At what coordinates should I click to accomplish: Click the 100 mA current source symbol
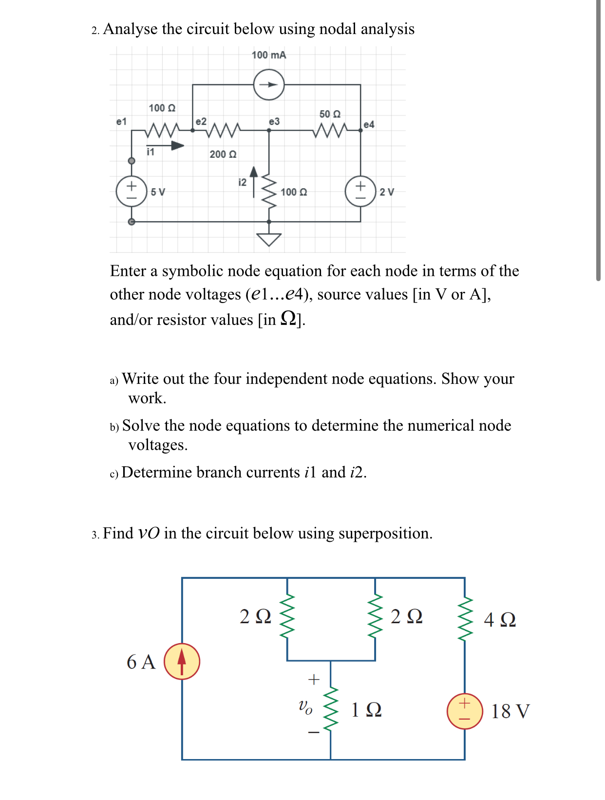pyautogui.click(x=269, y=85)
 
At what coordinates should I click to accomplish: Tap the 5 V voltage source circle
pyautogui.click(x=131, y=191)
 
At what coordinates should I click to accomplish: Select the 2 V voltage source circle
pyautogui.click(x=360, y=191)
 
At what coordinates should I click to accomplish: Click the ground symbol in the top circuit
pyautogui.click(x=269, y=239)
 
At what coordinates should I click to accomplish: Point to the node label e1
pyautogui.click(x=121, y=121)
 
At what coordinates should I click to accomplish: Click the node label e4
pyautogui.click(x=369, y=125)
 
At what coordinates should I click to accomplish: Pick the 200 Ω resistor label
pyautogui.click(x=223, y=154)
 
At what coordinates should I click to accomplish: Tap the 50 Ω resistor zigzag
pyautogui.click(x=330, y=130)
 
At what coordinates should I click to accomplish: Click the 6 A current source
pyautogui.click(x=182, y=662)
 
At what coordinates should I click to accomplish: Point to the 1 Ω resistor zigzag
pyautogui.click(x=331, y=709)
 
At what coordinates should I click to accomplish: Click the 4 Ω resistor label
pyautogui.click(x=500, y=620)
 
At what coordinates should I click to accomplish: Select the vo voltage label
pyautogui.click(x=305, y=706)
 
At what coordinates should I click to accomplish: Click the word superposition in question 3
pyautogui.click(x=384, y=533)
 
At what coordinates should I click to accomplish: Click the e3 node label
pyautogui.click(x=274, y=121)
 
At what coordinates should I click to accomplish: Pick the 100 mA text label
pyautogui.click(x=269, y=55)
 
